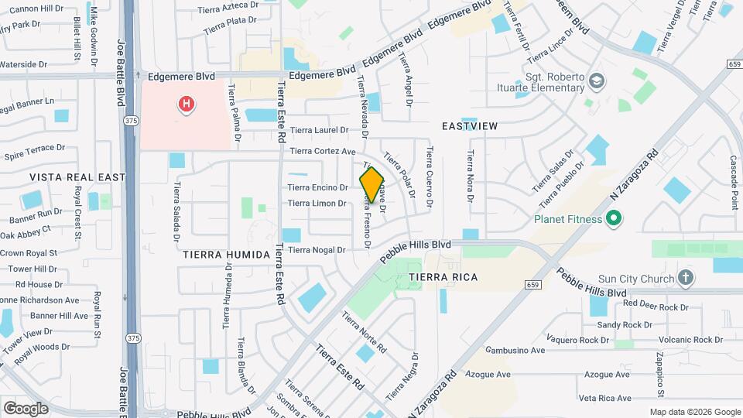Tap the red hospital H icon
coord(186,104)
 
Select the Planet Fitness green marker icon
coord(614,219)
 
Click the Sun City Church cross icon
coord(685,278)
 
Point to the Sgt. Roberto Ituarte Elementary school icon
coord(596,81)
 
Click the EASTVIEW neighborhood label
coord(469,125)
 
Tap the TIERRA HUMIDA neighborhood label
coord(226,254)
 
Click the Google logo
coord(26,408)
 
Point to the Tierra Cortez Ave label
coord(323,151)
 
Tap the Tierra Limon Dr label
coord(317,204)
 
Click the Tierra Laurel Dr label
coord(320,130)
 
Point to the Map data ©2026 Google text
coord(695,412)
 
